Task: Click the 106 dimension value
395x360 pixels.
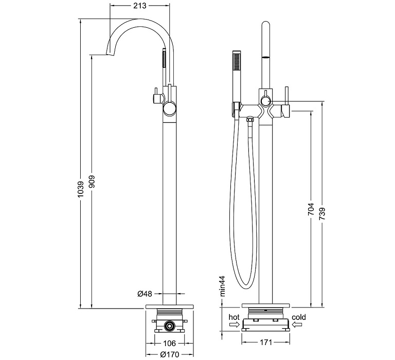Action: pos(170,343)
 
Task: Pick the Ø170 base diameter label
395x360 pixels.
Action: pos(170,354)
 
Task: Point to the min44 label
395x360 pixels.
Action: pos(223,286)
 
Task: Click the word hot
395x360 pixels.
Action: pos(235,317)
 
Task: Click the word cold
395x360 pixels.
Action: pos(298,317)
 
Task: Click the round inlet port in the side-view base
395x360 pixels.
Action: pos(169,326)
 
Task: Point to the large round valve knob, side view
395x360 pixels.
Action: pos(169,108)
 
